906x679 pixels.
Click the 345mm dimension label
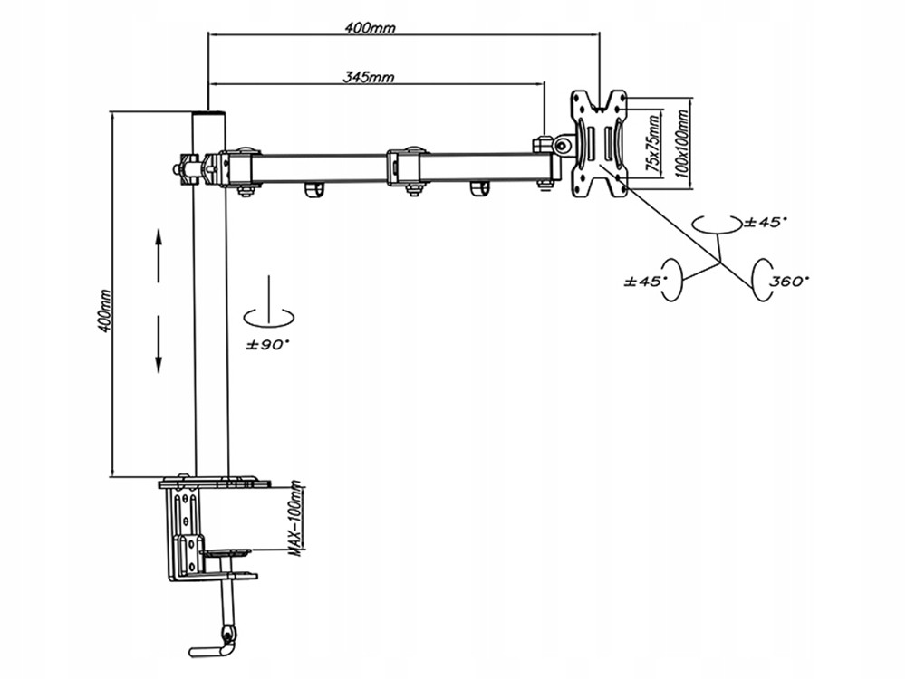(x=369, y=76)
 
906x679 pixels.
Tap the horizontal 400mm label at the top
(x=370, y=26)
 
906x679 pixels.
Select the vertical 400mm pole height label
(x=104, y=311)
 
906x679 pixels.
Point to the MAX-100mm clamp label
(x=296, y=519)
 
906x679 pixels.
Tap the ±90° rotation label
(x=267, y=345)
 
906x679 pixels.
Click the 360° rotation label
(x=789, y=282)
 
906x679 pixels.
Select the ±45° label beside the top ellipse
(x=766, y=222)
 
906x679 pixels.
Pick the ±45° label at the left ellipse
(x=645, y=282)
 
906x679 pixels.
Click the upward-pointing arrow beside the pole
(x=159, y=254)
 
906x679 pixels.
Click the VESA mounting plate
(x=599, y=144)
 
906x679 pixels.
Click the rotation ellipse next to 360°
(x=762, y=280)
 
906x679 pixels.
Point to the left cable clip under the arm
(x=313, y=190)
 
